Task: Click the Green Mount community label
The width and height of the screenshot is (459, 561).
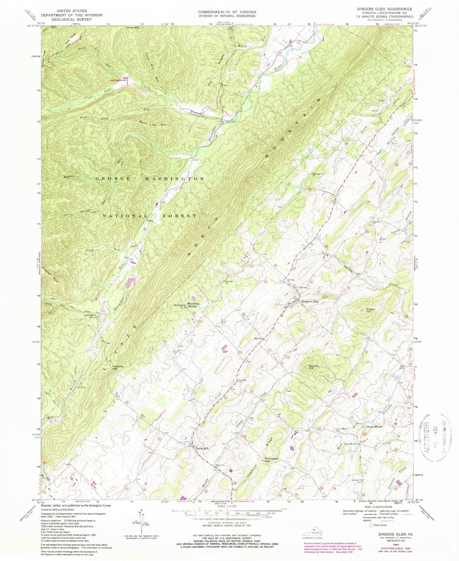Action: click(374, 427)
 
